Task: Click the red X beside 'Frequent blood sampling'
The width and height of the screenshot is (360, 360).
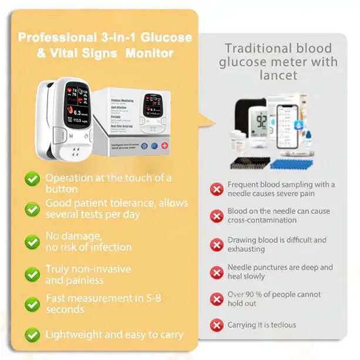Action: (x=217, y=189)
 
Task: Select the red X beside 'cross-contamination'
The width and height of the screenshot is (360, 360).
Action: (x=217, y=216)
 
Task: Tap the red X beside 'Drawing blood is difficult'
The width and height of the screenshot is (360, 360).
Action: (x=217, y=245)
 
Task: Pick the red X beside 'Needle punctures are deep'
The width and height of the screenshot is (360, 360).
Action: (x=217, y=272)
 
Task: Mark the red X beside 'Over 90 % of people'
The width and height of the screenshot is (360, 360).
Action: (x=217, y=299)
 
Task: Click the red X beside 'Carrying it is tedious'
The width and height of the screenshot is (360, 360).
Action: (x=217, y=325)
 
